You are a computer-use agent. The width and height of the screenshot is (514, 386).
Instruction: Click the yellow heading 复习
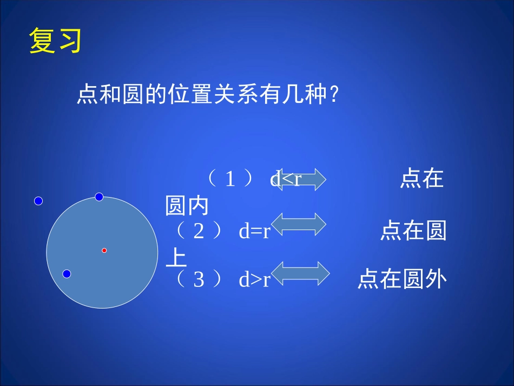tap(55, 41)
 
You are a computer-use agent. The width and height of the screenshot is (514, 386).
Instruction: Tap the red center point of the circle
tap(104, 250)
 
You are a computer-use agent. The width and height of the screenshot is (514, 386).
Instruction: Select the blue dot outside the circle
tap(38, 201)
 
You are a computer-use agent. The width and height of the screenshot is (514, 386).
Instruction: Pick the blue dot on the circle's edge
tap(99, 197)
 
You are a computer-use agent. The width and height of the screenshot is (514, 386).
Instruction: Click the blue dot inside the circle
tap(67, 274)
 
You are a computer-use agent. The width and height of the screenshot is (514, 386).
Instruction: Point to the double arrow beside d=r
tap(298, 224)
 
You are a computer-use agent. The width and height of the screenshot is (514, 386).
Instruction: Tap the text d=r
tap(254, 232)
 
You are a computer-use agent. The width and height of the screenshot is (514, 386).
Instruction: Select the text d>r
tap(254, 280)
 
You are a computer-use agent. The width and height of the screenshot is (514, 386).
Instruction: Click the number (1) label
tap(230, 179)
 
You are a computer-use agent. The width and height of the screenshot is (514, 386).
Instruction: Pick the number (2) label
tap(199, 232)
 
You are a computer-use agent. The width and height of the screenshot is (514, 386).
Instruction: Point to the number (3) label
tap(199, 280)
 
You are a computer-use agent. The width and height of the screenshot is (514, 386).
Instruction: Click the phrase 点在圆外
tap(402, 280)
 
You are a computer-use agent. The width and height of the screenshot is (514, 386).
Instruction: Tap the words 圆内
tap(187, 206)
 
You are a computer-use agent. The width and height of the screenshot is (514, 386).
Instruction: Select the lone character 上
tap(176, 258)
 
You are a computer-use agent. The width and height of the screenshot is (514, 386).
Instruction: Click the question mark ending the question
tap(334, 96)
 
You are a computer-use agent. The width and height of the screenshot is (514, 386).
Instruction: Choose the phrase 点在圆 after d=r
tap(413, 232)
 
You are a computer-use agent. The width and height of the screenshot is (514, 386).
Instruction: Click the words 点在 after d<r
tap(422, 179)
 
